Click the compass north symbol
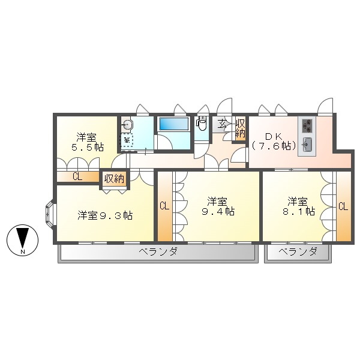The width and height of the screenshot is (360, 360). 22,241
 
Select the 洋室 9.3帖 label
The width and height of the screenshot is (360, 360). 105,215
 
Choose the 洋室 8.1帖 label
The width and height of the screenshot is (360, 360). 300,205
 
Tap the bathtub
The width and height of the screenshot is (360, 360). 173,125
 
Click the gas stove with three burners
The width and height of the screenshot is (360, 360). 307,125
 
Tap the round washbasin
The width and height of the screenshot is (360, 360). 127,125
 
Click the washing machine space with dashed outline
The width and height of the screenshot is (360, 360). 127,140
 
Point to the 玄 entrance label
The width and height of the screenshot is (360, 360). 222,125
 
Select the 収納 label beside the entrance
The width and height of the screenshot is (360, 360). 240,128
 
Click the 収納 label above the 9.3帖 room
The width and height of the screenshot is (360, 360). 114,178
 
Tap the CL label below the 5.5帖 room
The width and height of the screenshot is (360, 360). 77,176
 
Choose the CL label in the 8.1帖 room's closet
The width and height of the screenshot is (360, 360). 343,206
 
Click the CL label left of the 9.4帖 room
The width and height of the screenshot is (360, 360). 164,206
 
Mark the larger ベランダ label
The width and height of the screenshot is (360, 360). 158,251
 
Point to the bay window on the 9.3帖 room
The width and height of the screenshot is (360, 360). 49,214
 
